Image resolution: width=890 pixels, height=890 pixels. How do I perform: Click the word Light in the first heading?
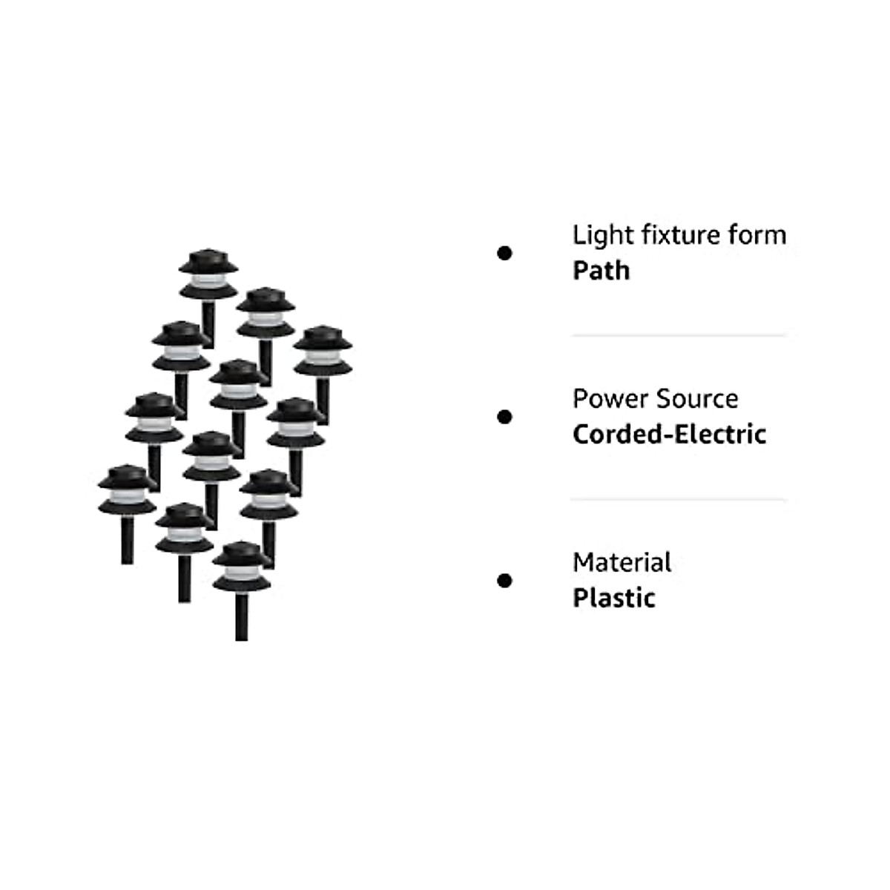pos(597,236)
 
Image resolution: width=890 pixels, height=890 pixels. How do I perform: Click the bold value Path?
pos(601,271)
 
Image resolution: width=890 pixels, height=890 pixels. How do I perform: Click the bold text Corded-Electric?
pos(669,434)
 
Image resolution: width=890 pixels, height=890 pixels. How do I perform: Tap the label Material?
pos(622,563)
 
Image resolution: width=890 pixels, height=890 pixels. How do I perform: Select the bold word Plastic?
pos(614,598)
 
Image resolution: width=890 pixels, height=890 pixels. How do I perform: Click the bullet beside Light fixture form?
pos(504,254)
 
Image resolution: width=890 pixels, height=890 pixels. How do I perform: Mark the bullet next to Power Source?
pos(504,417)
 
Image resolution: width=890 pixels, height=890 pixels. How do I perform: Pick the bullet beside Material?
pos(504,580)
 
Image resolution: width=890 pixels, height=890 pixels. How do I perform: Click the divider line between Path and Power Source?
pos(678,336)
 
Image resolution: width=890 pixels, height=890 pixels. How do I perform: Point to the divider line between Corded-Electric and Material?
pos(678,500)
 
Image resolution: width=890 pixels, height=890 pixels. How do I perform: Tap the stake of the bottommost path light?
pos(241,616)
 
